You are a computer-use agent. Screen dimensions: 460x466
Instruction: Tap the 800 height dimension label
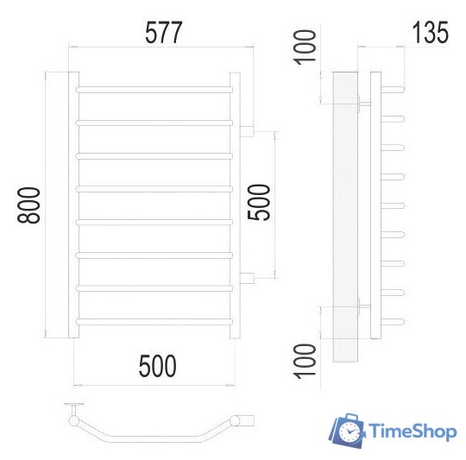pyautogui.click(x=31, y=205)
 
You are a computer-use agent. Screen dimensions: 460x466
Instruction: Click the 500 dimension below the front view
pyautogui.click(x=157, y=366)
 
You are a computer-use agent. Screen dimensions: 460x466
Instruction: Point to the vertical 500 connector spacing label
pyautogui.click(x=259, y=204)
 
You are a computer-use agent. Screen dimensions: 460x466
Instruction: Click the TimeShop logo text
pyautogui.click(x=412, y=431)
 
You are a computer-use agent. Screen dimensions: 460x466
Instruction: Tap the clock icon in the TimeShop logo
pyautogui.click(x=349, y=431)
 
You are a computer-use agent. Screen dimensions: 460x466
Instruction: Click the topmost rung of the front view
pyautogui.click(x=154, y=88)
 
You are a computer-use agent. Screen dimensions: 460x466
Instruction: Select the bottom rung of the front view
pyautogui.click(x=154, y=320)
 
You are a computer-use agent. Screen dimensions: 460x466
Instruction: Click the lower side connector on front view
pyautogui.click(x=247, y=276)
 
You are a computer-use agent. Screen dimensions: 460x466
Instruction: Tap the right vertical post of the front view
pyautogui.click(x=234, y=205)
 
